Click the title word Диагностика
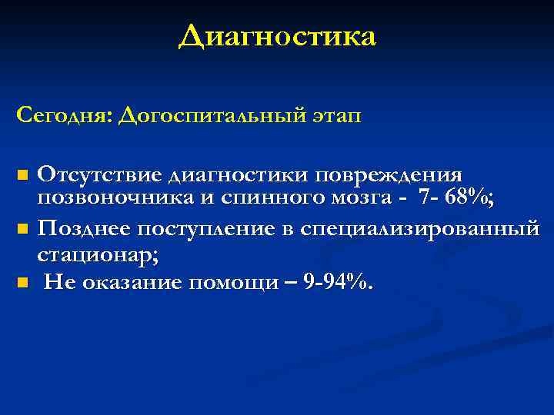click(x=277, y=36)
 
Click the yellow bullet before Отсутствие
click(x=22, y=176)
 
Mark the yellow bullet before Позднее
click(x=22, y=229)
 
